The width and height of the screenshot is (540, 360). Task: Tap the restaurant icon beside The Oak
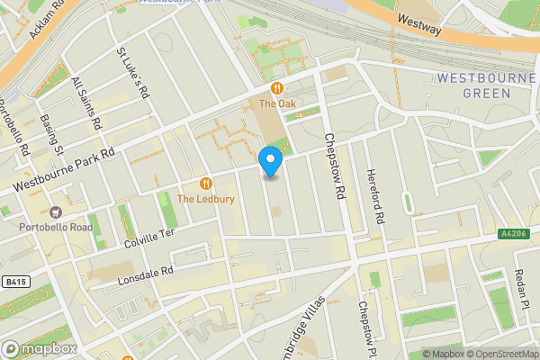click(x=278, y=88)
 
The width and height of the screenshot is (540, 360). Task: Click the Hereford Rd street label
click(x=374, y=196)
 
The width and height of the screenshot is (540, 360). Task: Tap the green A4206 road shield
click(x=514, y=234)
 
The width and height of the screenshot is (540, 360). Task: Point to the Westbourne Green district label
click(x=486, y=85)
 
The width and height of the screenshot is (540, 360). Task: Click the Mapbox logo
click(x=38, y=348)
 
